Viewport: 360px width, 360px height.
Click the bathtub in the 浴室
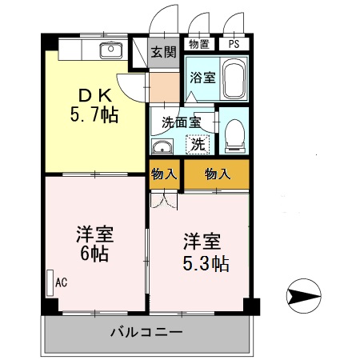[x=234, y=79]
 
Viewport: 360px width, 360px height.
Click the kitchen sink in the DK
[x=110, y=52]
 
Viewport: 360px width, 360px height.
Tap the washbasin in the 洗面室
[x=162, y=146]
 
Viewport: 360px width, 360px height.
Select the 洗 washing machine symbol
[x=197, y=146]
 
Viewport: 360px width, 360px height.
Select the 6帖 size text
[x=94, y=256]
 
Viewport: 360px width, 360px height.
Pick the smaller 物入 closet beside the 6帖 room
[x=164, y=174]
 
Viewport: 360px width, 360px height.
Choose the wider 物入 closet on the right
[x=217, y=174]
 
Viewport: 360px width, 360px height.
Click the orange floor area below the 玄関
[x=165, y=84]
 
